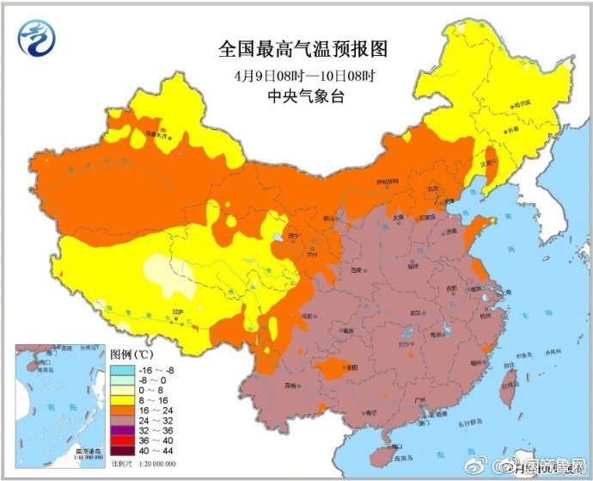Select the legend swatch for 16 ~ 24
pyautogui.click(x=121, y=412)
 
